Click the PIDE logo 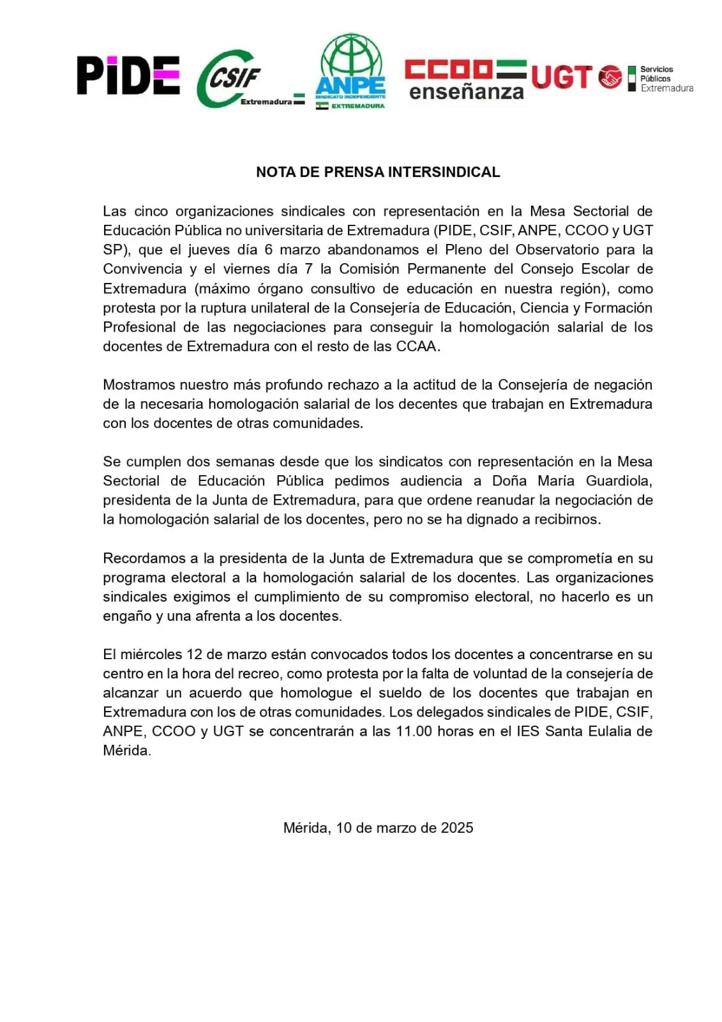(x=128, y=75)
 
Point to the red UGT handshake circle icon (x=611, y=77)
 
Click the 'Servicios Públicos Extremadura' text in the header (x=666, y=79)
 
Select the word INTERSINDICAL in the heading (x=444, y=172)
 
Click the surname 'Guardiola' (x=619, y=481)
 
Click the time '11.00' (x=414, y=731)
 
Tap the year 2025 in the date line (x=456, y=828)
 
